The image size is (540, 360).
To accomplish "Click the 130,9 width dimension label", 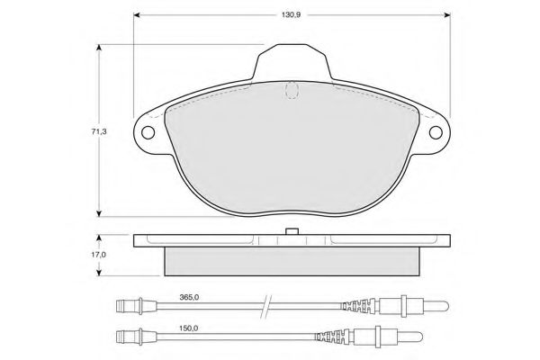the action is pos(291,14).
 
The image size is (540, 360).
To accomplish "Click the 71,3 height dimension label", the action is pos(99,131).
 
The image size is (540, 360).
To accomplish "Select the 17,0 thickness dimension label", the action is pos(98,255).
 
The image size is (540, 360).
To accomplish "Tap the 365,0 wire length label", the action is pos(189,297).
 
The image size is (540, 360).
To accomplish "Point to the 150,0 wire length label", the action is pos(188,328).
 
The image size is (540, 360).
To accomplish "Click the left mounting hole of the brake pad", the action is pos(148,132).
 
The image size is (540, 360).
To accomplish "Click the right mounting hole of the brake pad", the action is pos(436,132).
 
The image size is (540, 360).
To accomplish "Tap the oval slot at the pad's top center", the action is pos(292,90).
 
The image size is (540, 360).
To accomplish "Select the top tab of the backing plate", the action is pos(292,62).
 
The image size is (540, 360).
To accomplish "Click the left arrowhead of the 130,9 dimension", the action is pos(137,14).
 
